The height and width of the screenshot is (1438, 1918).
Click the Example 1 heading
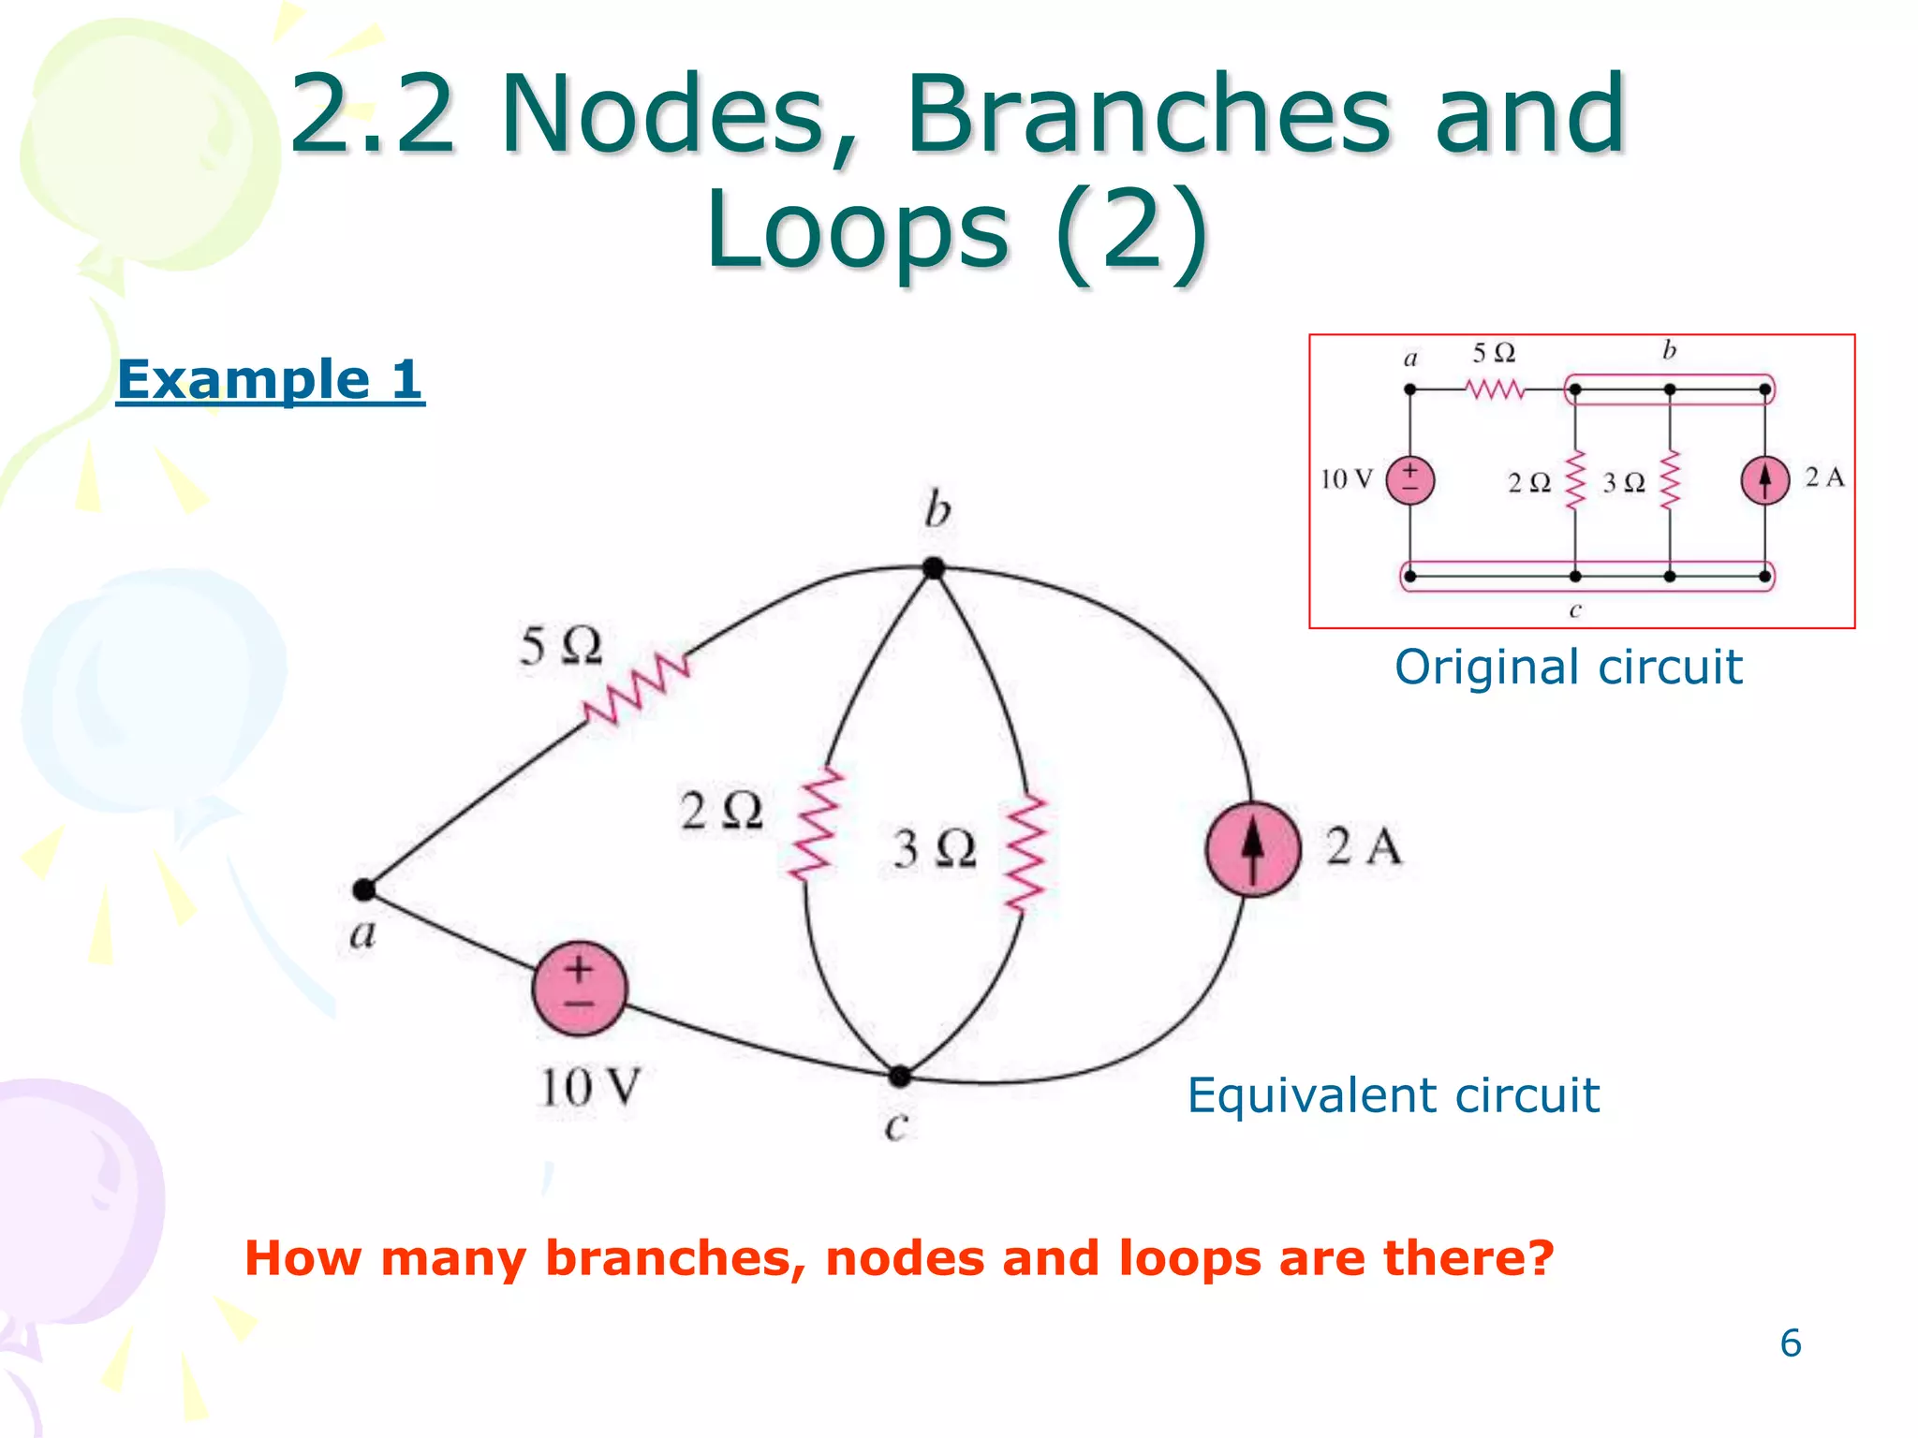pyautogui.click(x=271, y=379)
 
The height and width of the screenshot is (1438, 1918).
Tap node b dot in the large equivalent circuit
pyautogui.click(x=933, y=567)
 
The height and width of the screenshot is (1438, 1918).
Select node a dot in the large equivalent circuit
pyautogui.click(x=364, y=889)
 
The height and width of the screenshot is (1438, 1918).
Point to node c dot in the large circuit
pyautogui.click(x=899, y=1077)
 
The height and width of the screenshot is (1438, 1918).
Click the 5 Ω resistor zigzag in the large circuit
pyautogui.click(x=637, y=689)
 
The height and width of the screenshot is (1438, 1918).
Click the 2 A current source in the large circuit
pyautogui.click(x=1252, y=849)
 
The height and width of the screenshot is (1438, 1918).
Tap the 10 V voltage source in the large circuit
pyautogui.click(x=579, y=988)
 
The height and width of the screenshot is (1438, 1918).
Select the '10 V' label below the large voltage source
pyautogui.click(x=589, y=1088)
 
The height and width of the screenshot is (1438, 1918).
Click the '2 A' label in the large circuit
pyautogui.click(x=1364, y=846)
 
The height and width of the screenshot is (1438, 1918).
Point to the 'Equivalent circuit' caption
pyautogui.click(x=1393, y=1094)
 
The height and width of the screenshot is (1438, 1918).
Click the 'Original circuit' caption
pyautogui.click(x=1568, y=668)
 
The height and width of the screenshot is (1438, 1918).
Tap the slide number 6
pyautogui.click(x=1790, y=1343)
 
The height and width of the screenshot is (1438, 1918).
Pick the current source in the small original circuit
pyautogui.click(x=1764, y=480)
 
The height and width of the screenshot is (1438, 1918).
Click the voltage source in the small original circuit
pyautogui.click(x=1409, y=480)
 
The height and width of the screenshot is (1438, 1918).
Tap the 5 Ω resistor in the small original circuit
pyautogui.click(x=1496, y=389)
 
